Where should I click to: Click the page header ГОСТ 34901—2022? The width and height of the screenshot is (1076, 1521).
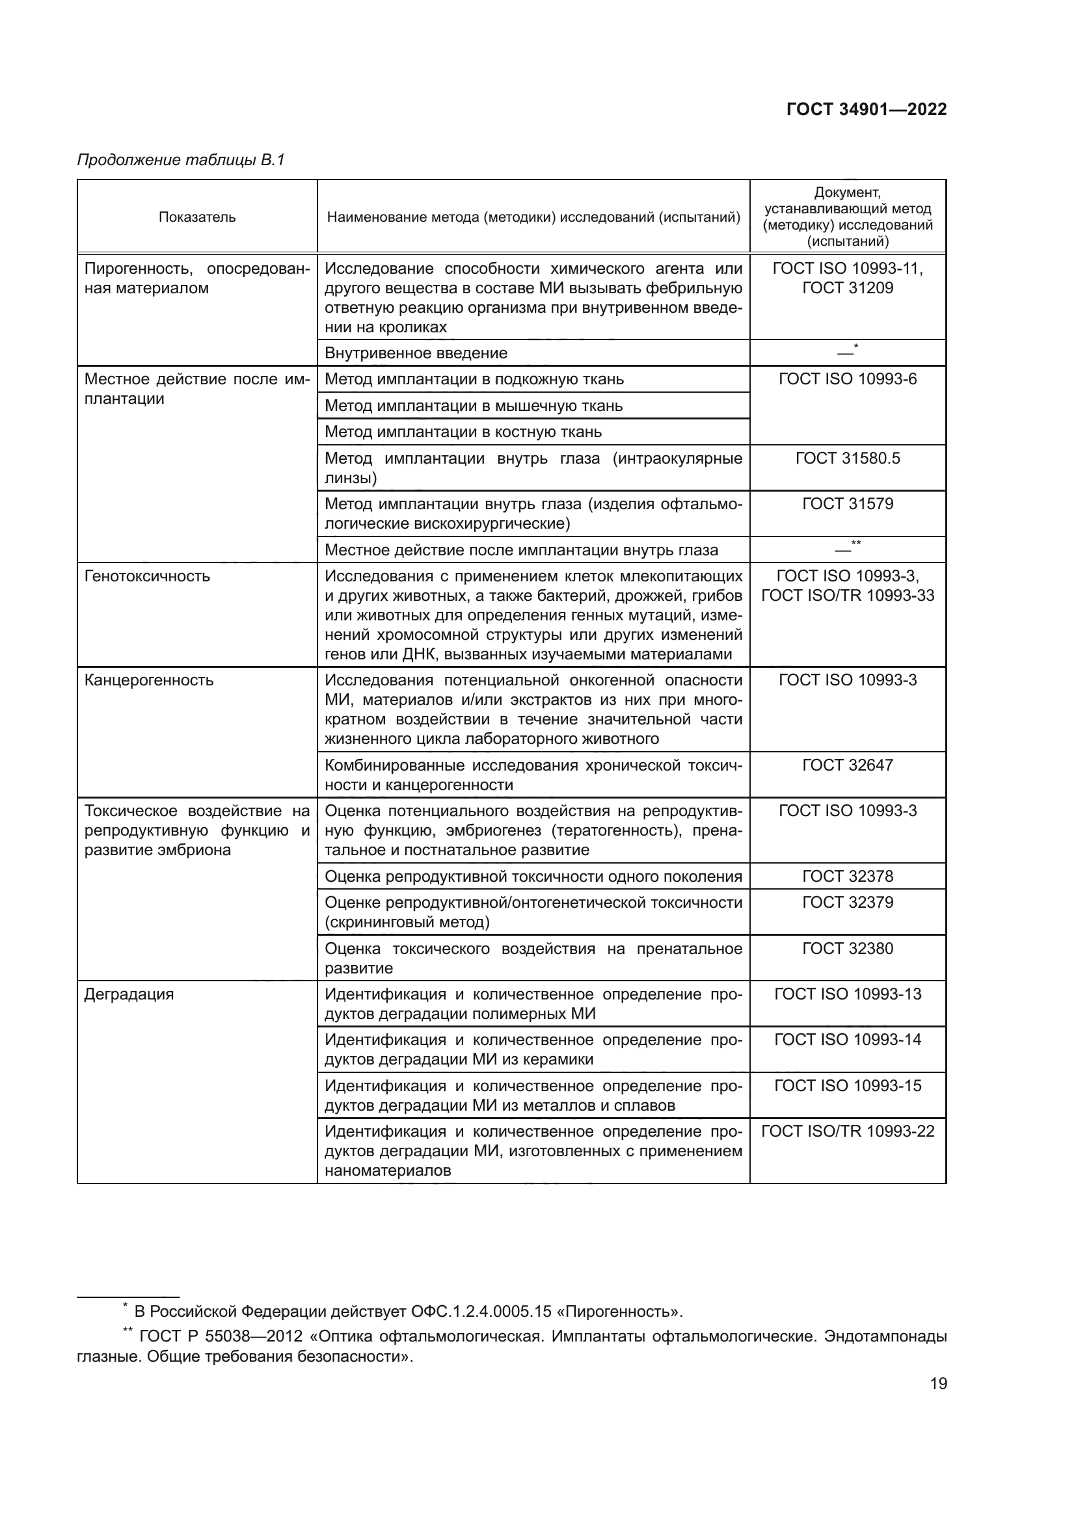pyautogui.click(x=866, y=110)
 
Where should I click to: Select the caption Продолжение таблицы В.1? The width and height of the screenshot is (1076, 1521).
pyautogui.click(x=181, y=161)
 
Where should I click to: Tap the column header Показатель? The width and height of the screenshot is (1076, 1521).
pyautogui.click(x=196, y=217)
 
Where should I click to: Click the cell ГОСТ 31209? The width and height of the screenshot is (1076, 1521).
pyautogui.click(x=848, y=288)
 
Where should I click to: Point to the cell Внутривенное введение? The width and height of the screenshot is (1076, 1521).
pyautogui.click(x=416, y=353)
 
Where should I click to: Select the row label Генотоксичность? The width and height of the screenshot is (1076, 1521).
pyautogui.click(x=147, y=576)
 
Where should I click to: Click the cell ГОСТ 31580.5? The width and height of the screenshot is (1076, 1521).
pyautogui.click(x=848, y=458)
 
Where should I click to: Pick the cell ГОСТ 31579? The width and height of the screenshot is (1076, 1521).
pyautogui.click(x=848, y=504)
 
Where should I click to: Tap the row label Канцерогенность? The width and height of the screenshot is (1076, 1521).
pyautogui.click(x=149, y=680)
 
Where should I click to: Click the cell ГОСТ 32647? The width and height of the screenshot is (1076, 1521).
pyautogui.click(x=848, y=765)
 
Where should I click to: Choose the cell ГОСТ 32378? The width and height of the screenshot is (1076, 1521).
pyautogui.click(x=848, y=877)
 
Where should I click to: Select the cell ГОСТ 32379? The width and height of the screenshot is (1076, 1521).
pyautogui.click(x=848, y=903)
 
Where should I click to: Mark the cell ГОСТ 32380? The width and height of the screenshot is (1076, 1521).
pyautogui.click(x=848, y=949)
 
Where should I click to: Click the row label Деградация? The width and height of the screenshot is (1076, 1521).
pyautogui.click(x=129, y=994)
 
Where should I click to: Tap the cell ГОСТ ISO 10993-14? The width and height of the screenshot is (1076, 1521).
pyautogui.click(x=848, y=1040)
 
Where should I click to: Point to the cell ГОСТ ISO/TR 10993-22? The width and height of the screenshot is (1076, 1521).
pyautogui.click(x=848, y=1131)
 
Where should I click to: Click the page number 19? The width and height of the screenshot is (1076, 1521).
pyautogui.click(x=938, y=1384)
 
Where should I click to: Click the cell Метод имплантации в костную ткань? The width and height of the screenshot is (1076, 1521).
pyautogui.click(x=463, y=432)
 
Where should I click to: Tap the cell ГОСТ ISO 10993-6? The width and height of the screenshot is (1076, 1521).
pyautogui.click(x=848, y=380)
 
